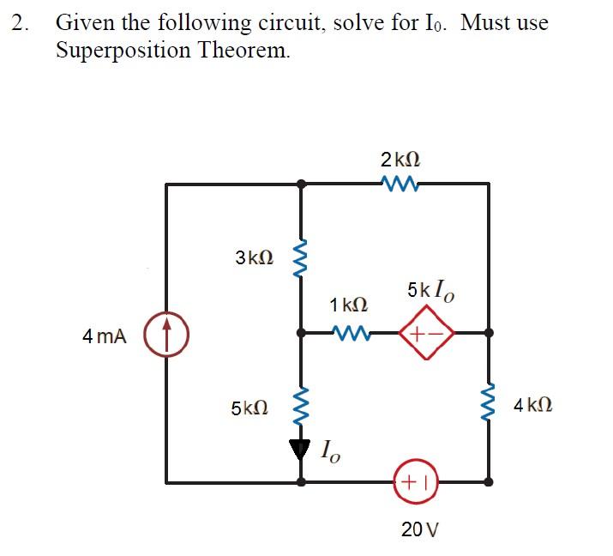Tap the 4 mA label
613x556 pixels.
tap(105, 337)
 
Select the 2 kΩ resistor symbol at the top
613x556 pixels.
tap(396, 182)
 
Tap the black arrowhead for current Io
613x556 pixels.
tap(300, 447)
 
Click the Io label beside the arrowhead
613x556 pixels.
tap(329, 450)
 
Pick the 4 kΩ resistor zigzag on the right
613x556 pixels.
tap(489, 403)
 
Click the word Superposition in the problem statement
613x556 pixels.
tap(120, 50)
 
